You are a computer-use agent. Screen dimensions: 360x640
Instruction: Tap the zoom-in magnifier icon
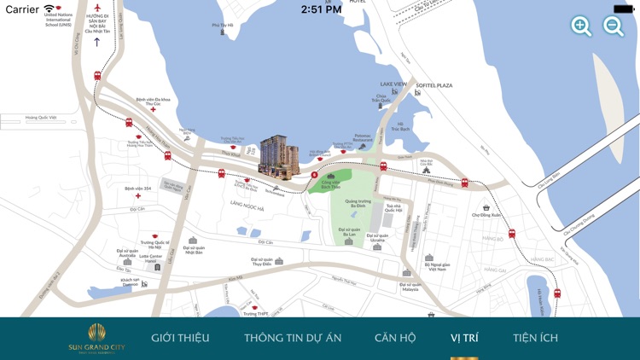581,26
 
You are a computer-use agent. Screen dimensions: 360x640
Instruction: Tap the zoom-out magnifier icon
614,26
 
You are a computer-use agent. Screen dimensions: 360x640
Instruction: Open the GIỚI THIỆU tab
180,338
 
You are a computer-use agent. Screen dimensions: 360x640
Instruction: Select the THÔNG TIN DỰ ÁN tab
293,338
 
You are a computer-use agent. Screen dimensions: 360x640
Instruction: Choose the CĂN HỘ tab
395,338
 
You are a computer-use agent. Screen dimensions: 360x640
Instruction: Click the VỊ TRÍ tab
464,338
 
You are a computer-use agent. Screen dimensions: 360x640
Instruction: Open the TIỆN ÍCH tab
535,338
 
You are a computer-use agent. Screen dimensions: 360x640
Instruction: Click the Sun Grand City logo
96,338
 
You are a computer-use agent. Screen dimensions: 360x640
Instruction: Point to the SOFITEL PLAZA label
434,85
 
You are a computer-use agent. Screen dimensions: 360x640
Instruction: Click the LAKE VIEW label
393,84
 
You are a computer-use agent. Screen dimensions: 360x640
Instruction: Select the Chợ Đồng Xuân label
486,215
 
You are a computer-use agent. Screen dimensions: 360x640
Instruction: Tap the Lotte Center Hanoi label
150,258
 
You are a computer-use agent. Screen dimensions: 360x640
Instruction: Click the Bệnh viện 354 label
137,189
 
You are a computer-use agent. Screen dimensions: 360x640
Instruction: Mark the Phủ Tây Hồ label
222,26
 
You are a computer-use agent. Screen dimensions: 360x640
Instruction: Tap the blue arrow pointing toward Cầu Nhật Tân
97,42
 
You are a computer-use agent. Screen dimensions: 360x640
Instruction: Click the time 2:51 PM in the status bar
321,9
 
